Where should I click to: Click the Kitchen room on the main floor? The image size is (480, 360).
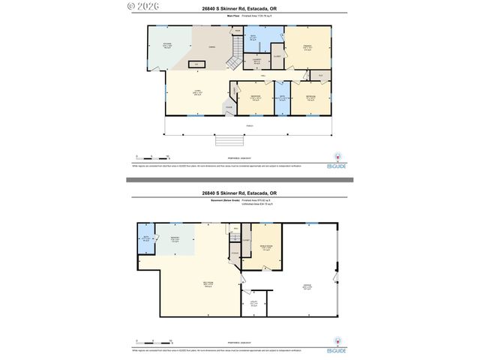click(x=168, y=46)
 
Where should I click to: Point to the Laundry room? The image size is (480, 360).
click(x=256, y=61)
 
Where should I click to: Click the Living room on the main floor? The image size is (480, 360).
click(x=197, y=93)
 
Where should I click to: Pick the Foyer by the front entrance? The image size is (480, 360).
click(x=227, y=107)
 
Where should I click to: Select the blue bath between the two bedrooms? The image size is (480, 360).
click(x=282, y=98)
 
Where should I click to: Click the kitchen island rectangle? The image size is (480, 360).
click(x=196, y=64)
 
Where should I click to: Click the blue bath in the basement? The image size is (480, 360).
click(x=146, y=239)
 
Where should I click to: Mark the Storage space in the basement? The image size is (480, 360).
click(x=235, y=256)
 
